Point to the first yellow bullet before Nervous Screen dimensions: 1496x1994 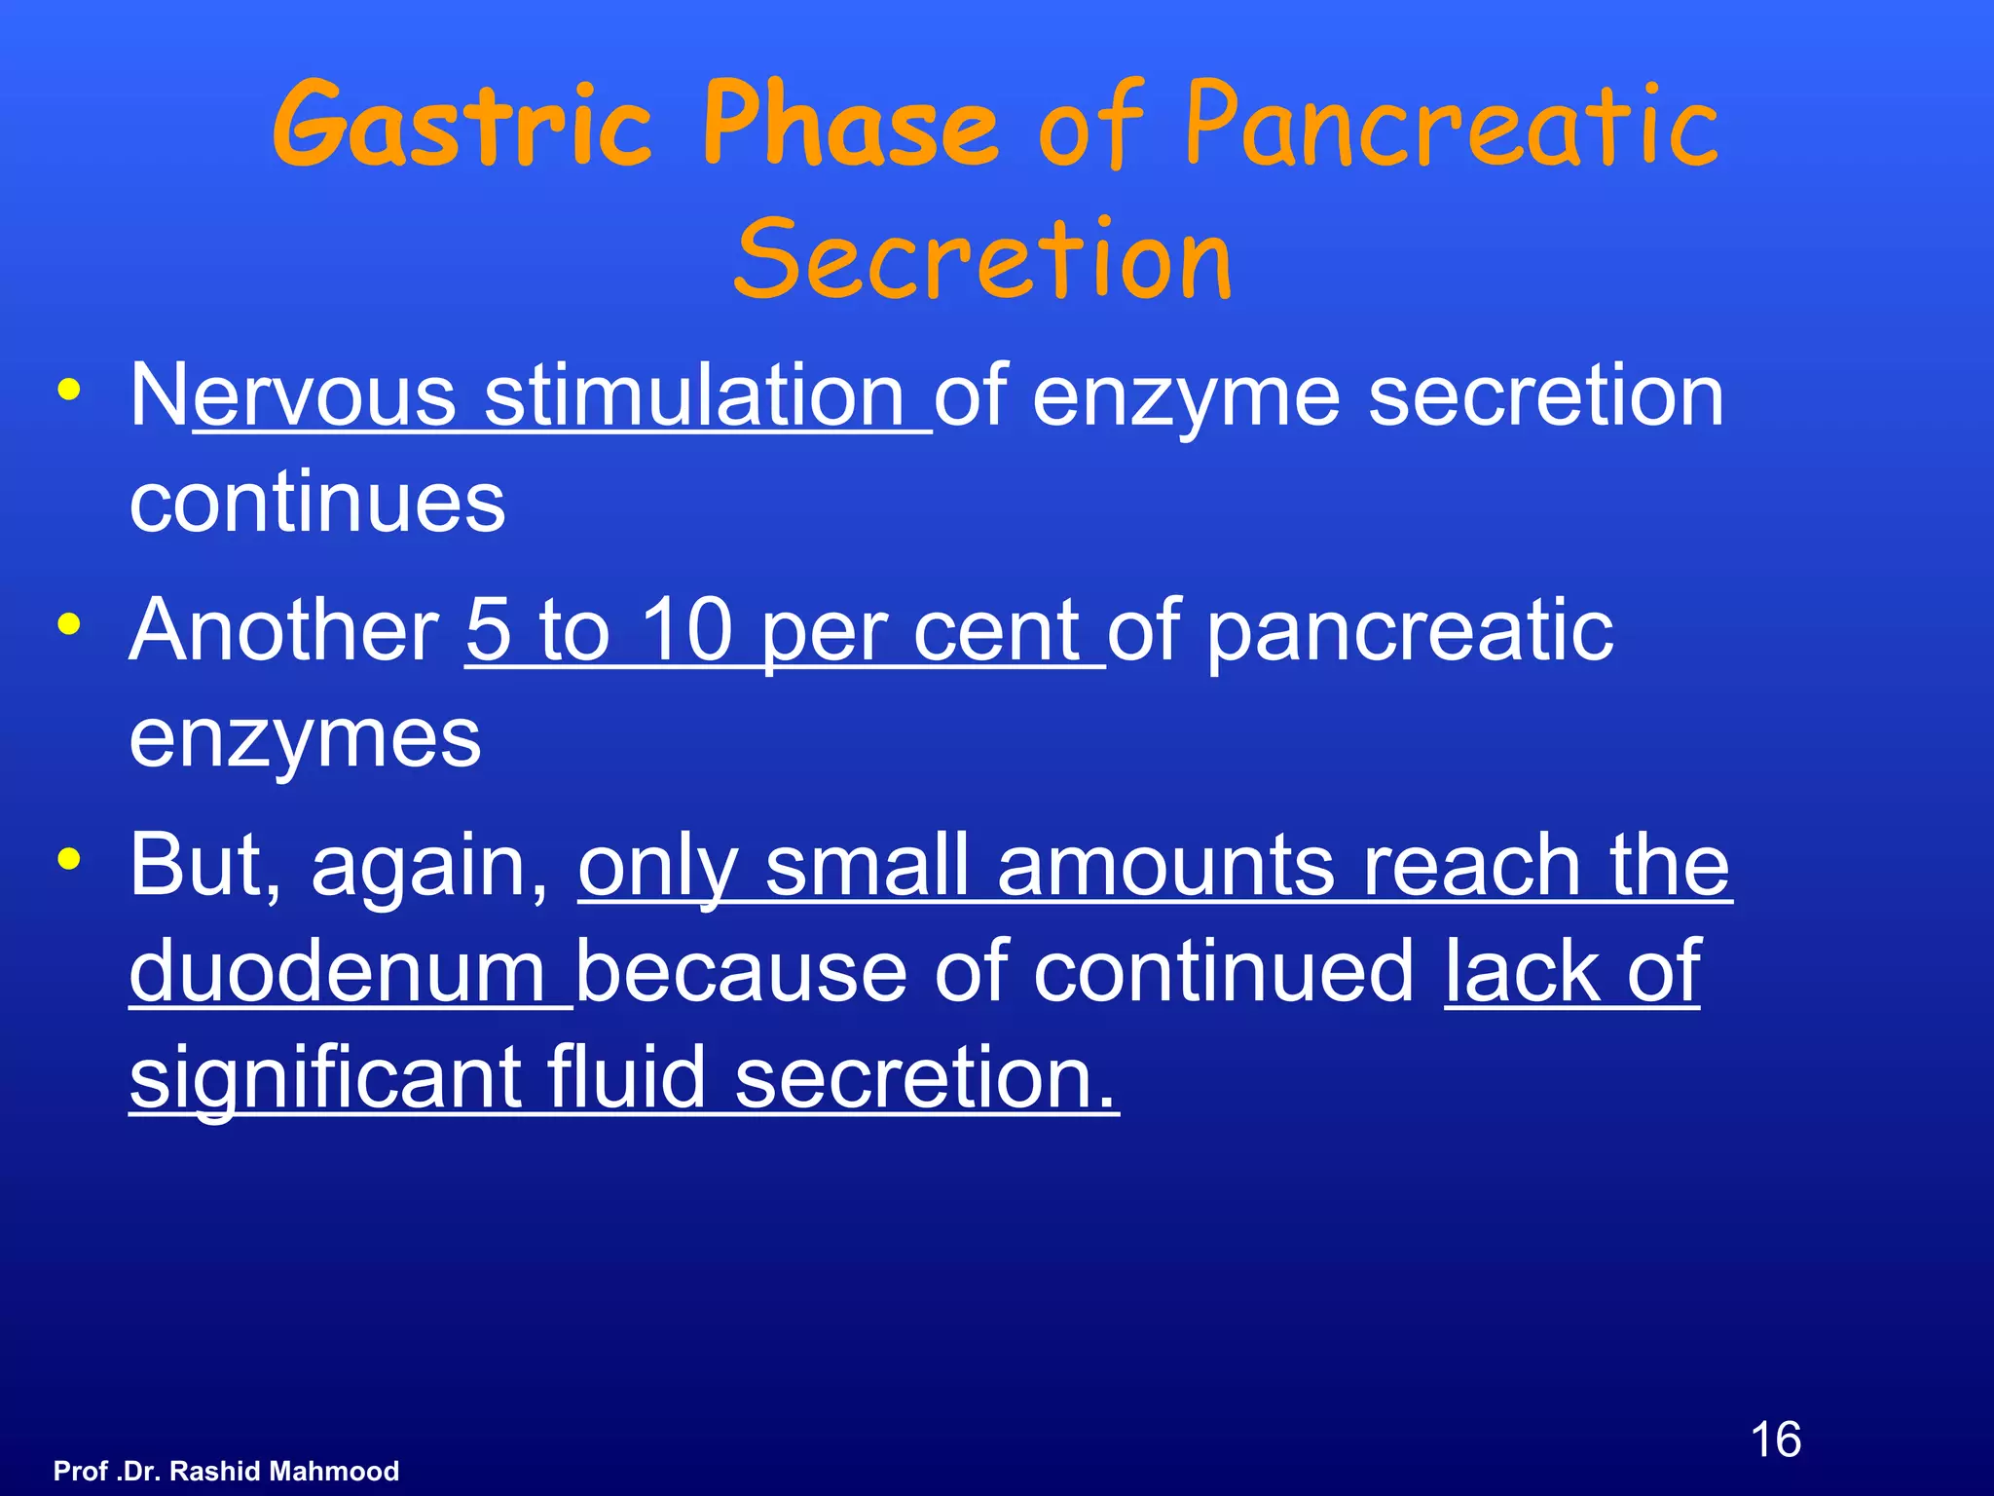click(69, 391)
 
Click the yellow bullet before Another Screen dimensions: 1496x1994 click(69, 624)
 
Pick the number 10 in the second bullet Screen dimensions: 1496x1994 click(685, 630)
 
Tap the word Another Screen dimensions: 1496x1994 click(283, 630)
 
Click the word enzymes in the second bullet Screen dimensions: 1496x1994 click(305, 738)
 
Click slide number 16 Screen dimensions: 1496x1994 click(1775, 1440)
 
